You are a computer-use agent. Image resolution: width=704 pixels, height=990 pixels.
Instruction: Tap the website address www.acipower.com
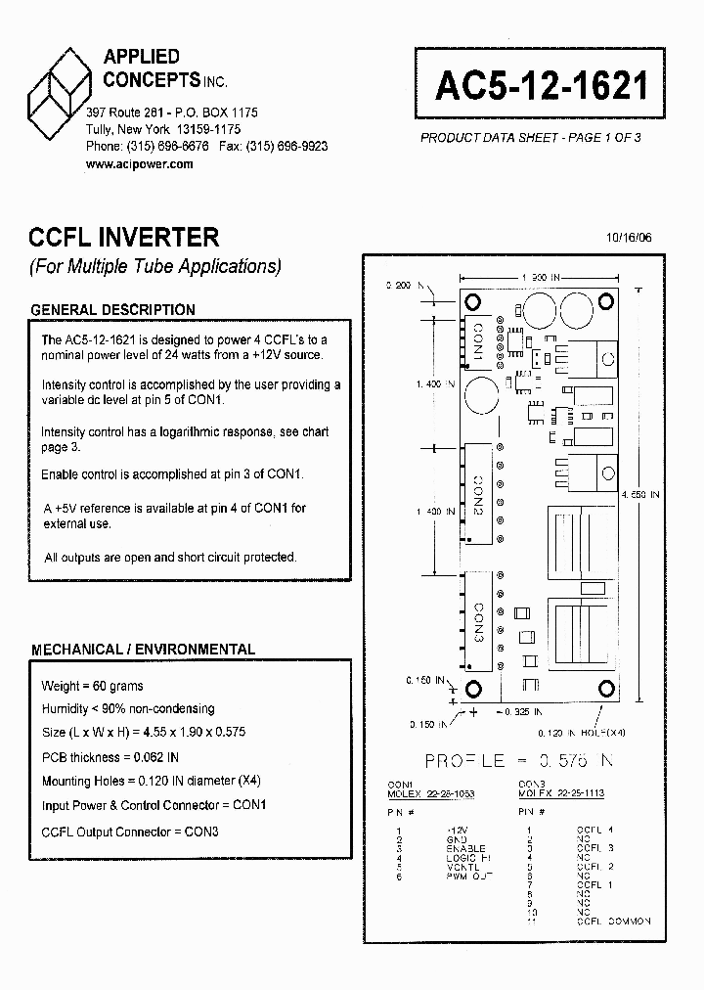click(x=139, y=164)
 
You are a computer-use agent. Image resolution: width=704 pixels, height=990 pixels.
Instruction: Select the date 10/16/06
click(x=629, y=238)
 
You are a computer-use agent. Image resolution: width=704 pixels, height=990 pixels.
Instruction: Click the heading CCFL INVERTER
click(x=124, y=237)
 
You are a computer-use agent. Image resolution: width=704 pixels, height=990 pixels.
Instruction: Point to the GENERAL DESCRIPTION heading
click(x=112, y=310)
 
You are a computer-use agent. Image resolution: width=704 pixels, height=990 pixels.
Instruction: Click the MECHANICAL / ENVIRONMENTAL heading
click(x=143, y=649)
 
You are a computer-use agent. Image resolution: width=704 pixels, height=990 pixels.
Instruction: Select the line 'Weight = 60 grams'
click(x=92, y=686)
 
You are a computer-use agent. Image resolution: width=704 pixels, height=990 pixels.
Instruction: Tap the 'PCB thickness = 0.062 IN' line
click(x=110, y=757)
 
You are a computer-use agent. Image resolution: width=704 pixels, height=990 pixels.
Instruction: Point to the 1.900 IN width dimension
click(x=540, y=278)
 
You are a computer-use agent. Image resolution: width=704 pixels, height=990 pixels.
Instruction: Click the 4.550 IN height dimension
click(x=640, y=495)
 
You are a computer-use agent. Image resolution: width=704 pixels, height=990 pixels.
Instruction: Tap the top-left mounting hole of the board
click(x=471, y=301)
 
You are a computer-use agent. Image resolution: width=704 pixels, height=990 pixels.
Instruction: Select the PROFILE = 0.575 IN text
click(x=519, y=760)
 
